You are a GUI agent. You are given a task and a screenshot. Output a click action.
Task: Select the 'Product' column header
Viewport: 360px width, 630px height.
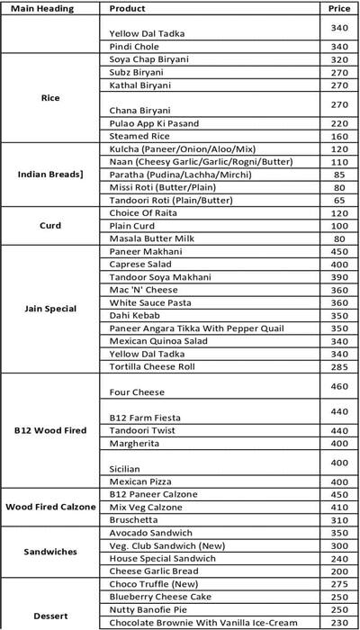[127, 8]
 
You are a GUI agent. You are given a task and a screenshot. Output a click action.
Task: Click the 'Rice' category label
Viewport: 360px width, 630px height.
[50, 97]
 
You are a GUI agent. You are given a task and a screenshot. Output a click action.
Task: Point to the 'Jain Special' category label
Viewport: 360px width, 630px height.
[50, 309]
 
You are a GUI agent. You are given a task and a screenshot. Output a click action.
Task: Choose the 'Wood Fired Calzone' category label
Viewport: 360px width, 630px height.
[50, 507]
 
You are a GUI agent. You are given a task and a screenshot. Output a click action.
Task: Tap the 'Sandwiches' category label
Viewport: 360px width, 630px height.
[50, 552]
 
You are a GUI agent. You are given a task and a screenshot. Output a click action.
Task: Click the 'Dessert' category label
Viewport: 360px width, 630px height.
[50, 616]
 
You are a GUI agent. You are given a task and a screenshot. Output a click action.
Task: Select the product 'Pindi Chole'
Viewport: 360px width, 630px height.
[133, 47]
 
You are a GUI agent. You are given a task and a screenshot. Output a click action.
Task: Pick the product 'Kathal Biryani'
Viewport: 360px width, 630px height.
[139, 85]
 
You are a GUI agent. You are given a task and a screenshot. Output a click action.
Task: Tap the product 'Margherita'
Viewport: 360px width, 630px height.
[133, 443]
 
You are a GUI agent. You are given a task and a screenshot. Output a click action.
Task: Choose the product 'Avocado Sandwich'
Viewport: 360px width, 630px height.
[143, 533]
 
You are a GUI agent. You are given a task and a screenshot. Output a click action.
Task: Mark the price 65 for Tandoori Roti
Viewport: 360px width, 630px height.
[339, 200]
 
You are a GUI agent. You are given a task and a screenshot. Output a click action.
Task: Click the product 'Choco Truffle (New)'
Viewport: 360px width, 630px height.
[149, 584]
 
